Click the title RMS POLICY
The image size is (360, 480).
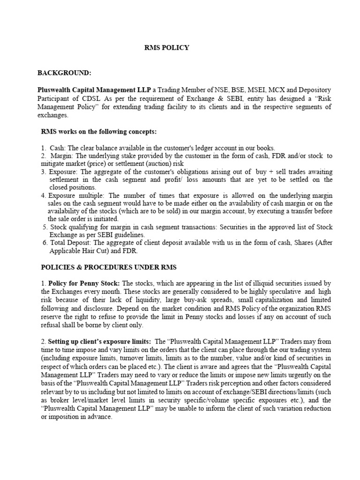pyautogui.click(x=166, y=47)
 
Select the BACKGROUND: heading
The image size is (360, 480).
pyautogui.click(x=64, y=73)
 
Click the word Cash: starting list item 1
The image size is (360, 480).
pyautogui.click(x=57, y=148)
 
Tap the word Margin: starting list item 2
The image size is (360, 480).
pyautogui.click(x=60, y=156)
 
